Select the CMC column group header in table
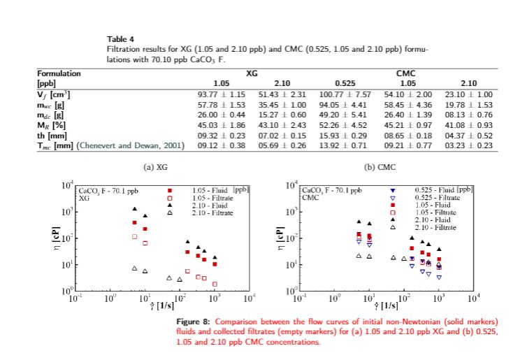tap(407, 72)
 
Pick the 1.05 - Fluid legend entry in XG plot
tap(212, 190)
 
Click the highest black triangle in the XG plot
tap(134, 208)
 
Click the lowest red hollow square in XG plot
tap(215, 284)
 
